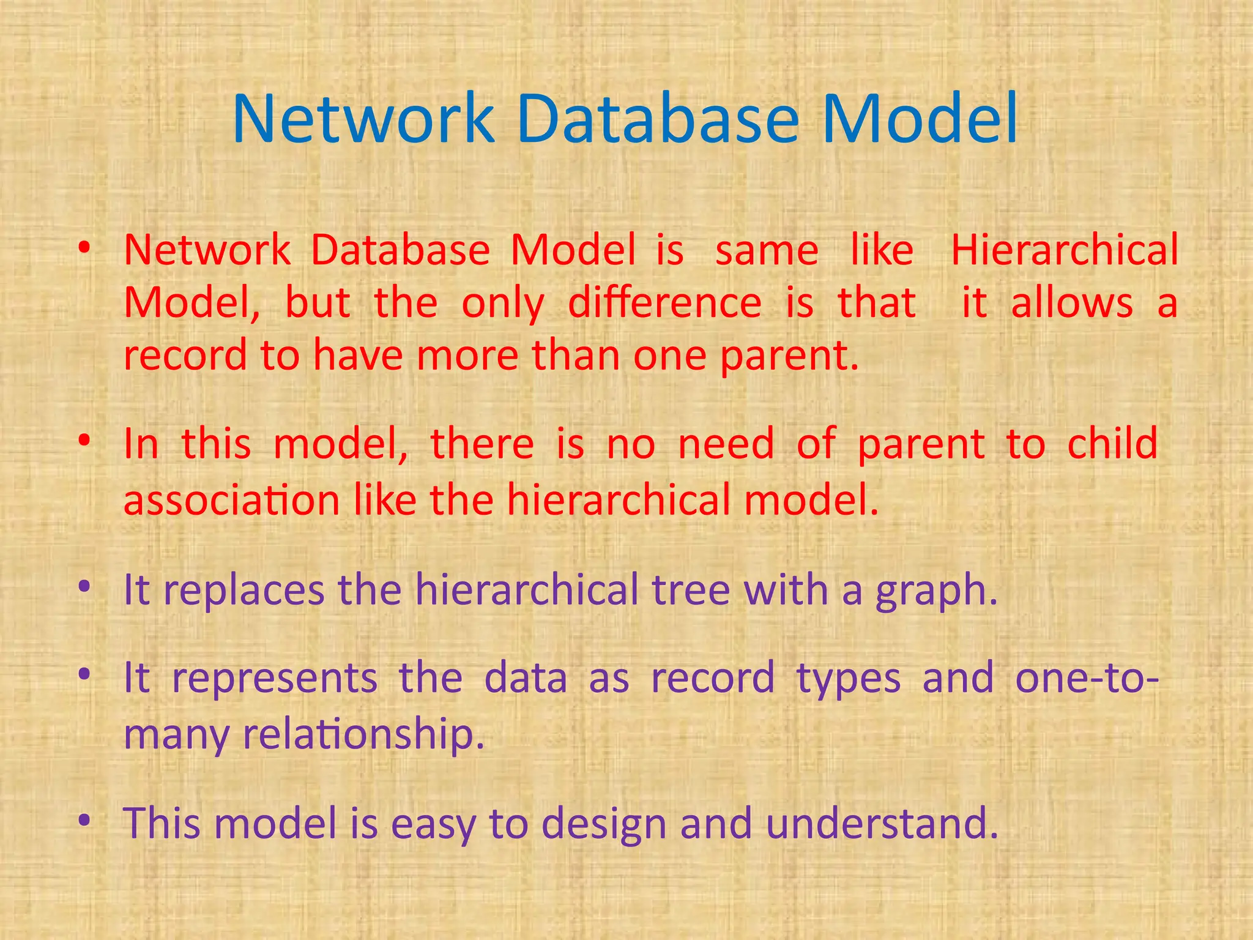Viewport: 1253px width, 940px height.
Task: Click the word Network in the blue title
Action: [363, 119]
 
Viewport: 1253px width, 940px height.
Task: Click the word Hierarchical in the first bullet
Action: [1064, 251]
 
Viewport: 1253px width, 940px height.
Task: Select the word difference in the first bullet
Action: [664, 304]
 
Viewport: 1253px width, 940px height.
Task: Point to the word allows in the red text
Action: [1071, 304]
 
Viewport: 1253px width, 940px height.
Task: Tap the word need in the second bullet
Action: [726, 444]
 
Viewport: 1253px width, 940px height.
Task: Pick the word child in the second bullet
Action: [1112, 444]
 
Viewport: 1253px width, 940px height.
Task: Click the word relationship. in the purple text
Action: [363, 734]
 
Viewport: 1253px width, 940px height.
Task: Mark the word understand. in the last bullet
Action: [882, 824]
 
